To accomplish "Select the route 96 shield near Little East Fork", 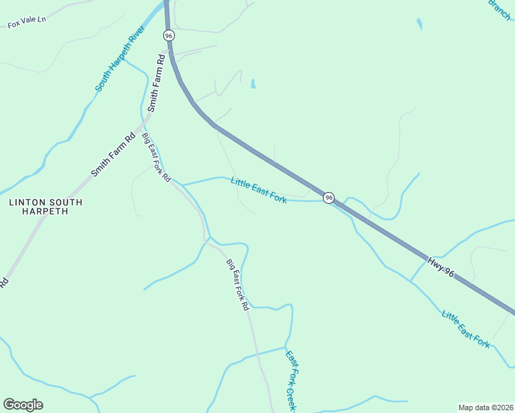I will point(329,198).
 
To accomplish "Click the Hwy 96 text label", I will point(441,268).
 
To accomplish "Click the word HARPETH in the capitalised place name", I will point(45,211).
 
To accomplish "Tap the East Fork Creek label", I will point(291,381).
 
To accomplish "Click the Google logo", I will point(23,405).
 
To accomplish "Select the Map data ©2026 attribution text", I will point(485,407).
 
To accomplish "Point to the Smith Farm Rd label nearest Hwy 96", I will point(156,83).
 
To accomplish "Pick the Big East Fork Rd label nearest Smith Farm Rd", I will point(156,157).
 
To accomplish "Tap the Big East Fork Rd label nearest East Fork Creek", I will point(237,284).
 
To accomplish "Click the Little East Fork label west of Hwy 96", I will point(259,191).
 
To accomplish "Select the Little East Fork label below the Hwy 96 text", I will point(466,329).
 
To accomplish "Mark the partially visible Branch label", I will point(501,10).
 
